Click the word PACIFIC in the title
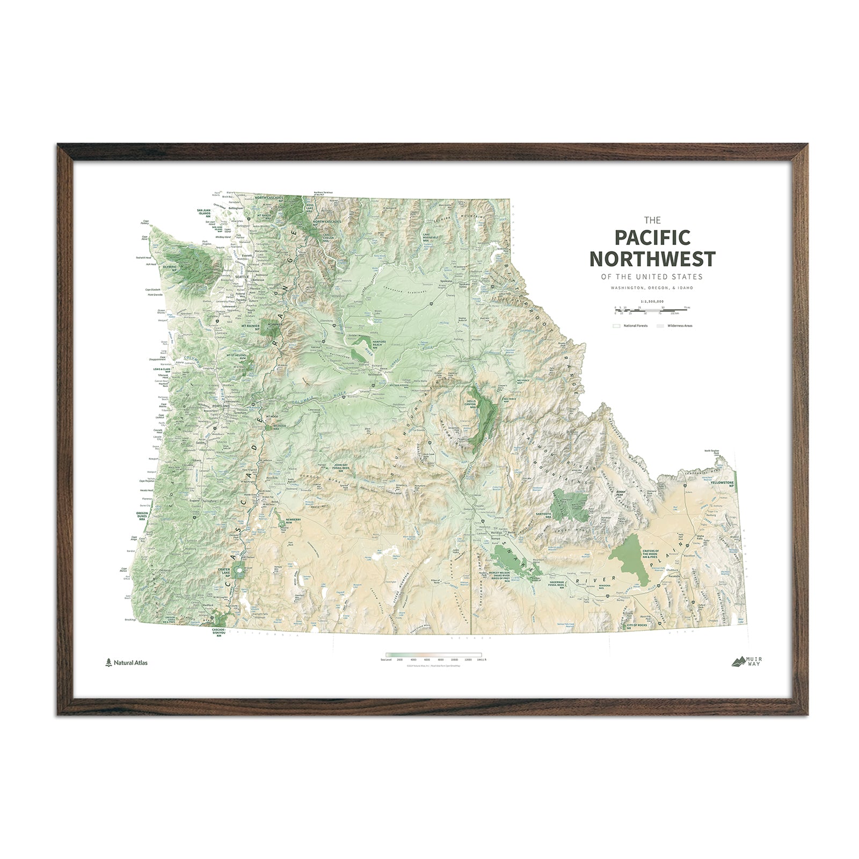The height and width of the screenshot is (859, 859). click(x=652, y=238)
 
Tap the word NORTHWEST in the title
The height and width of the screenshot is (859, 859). click(x=652, y=259)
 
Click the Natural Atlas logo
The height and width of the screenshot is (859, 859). click(x=127, y=663)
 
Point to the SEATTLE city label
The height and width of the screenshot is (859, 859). click(x=241, y=277)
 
